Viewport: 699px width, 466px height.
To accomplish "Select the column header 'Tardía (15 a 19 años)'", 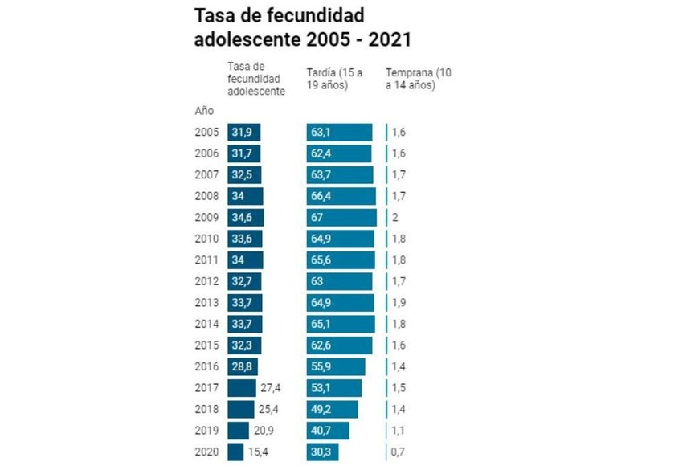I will tap(334, 78).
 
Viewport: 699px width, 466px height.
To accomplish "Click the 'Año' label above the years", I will tap(204, 111).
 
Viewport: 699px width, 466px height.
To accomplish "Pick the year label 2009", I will tap(207, 217).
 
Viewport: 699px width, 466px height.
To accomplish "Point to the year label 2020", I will tap(207, 452).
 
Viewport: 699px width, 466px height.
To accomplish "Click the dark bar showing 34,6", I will tap(246, 217).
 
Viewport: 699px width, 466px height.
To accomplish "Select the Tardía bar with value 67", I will tap(341, 217).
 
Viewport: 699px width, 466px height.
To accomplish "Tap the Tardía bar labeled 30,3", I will tap(328, 452).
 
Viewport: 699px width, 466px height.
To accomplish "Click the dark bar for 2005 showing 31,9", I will tap(244, 133).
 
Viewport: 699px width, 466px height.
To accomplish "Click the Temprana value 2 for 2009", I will tap(395, 217).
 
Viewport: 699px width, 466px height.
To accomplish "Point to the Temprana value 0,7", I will tap(398, 452).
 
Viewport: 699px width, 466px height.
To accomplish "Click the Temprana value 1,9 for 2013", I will tap(398, 303).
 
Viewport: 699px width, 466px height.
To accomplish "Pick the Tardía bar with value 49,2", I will tap(332, 410).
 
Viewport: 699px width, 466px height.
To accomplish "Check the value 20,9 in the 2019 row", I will tap(264, 431).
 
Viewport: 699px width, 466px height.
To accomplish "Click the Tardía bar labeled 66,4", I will tap(341, 196).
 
